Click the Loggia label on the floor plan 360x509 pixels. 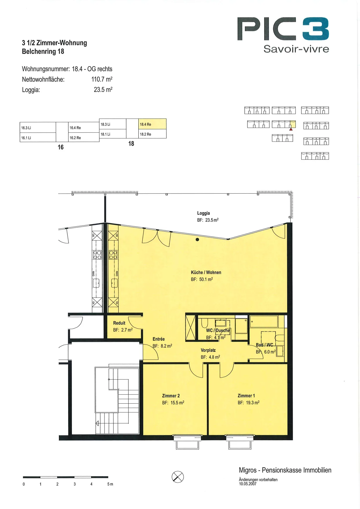[x=203, y=213]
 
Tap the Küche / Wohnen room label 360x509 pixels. [x=206, y=272]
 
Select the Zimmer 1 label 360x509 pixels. [x=246, y=396]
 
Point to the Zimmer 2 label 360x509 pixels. [x=171, y=396]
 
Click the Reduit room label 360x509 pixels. [x=119, y=323]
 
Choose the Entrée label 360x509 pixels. [x=159, y=339]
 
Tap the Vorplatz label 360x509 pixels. [x=208, y=350]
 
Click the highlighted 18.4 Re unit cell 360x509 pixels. [x=152, y=124]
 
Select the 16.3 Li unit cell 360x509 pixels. [x=38, y=127]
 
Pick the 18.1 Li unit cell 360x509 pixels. [x=113, y=134]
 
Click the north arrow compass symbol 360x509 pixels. [x=178, y=476]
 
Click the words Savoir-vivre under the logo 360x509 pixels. [x=296, y=49]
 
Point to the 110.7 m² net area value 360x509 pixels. [x=102, y=79]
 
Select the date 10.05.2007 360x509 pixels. [x=248, y=484]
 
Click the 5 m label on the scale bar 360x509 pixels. [x=110, y=484]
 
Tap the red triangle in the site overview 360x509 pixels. [x=291, y=129]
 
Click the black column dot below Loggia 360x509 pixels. [x=197, y=240]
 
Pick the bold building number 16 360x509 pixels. [x=61, y=147]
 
